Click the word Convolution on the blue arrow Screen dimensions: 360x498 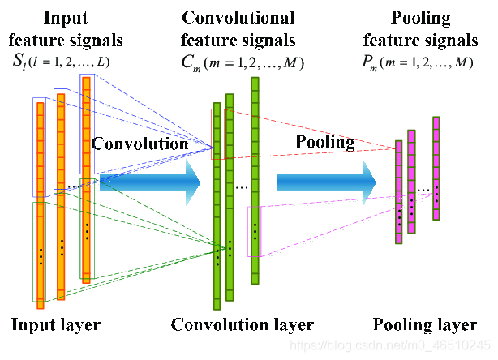coord(140,144)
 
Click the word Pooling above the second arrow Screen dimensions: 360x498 coord(324,143)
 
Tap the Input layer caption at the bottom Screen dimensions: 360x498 coord(56,326)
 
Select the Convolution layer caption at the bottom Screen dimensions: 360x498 coord(242,326)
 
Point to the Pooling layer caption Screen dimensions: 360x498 coord(425,326)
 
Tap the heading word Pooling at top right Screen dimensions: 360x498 coord(423,18)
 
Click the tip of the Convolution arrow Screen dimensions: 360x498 coord(199,183)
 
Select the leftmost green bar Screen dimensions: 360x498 coord(217,206)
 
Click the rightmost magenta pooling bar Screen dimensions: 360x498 coord(436,169)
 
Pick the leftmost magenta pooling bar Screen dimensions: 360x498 coord(398,191)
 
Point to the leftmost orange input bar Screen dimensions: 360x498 coord(39,203)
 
